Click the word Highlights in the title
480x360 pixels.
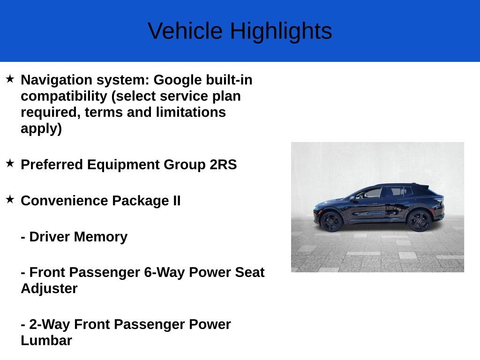pyautogui.click(x=281, y=31)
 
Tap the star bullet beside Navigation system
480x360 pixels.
pyautogui.click(x=10, y=79)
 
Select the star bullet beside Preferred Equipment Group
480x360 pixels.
pyautogui.click(x=10, y=164)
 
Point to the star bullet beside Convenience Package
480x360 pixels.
pyautogui.click(x=10, y=199)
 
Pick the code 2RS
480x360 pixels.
pyautogui.click(x=223, y=165)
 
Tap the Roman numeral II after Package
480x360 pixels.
pyautogui.click(x=174, y=201)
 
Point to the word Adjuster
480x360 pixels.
pyautogui.click(x=49, y=288)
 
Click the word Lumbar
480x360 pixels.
pyautogui.click(x=46, y=340)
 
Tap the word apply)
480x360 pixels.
pyautogui.click(x=41, y=128)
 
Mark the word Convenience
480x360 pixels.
pyautogui.click(x=64, y=201)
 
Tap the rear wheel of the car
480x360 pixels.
pyautogui.click(x=419, y=220)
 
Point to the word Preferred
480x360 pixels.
pyautogui.click(x=52, y=165)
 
